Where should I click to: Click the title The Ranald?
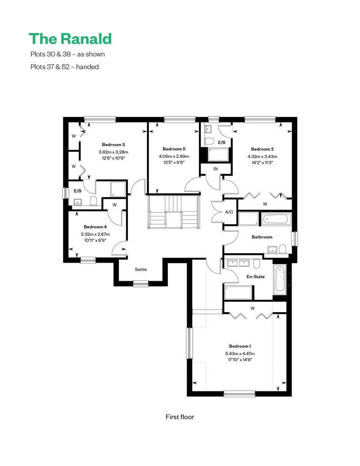70,39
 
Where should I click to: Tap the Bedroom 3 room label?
113,145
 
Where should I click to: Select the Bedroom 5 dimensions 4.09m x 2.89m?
174,157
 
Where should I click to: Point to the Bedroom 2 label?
262,149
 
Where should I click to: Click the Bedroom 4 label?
95,227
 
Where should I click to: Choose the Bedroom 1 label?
240,346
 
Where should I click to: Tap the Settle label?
141,269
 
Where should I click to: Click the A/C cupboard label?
229,212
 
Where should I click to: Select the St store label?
216,169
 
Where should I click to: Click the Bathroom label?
262,237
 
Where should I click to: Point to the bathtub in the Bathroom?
276,220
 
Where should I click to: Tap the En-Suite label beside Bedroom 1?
256,277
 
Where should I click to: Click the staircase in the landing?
174,211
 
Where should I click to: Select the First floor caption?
180,417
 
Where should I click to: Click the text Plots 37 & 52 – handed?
64,67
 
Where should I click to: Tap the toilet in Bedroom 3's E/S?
93,201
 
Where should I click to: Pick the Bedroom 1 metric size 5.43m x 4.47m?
240,354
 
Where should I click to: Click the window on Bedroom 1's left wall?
189,343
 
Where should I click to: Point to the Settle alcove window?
141,284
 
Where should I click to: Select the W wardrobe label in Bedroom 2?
265,204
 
